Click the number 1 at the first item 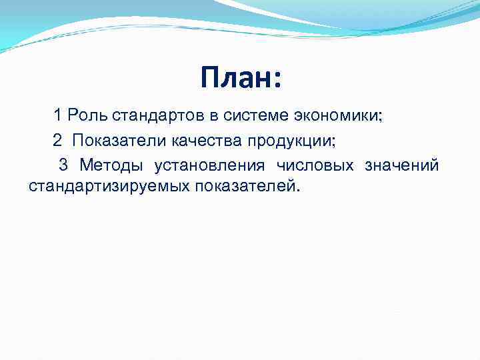(58, 116)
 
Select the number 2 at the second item (58, 141)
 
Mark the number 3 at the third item (63, 165)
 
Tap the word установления (209, 165)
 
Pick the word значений (401, 165)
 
